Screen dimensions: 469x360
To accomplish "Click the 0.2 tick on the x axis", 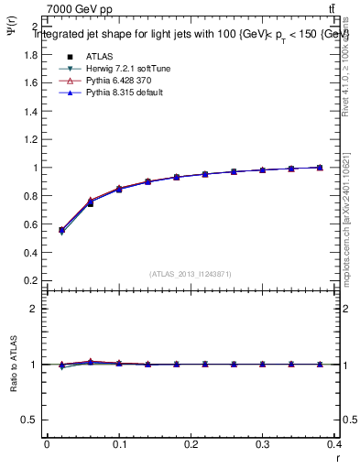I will pyautogui.click(x=191, y=446).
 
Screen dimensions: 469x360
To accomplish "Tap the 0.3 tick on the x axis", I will pyautogui.click(x=263, y=446).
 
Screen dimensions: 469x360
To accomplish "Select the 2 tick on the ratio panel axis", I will pyautogui.click(x=35, y=309).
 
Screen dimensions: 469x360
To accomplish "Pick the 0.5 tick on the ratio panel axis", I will pyautogui.click(x=31, y=420).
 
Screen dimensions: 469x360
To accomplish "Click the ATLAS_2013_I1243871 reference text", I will pyautogui.click(x=191, y=274).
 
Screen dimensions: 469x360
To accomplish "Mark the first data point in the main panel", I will pyautogui.click(x=61, y=230).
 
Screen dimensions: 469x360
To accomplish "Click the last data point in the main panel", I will pyautogui.click(x=320, y=168).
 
